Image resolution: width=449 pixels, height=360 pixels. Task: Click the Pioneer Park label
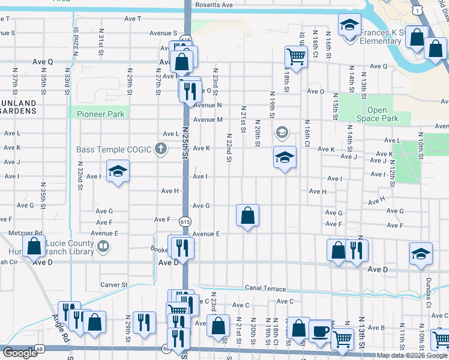(x=100, y=114)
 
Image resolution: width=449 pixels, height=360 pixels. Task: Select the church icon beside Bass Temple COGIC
(x=160, y=148)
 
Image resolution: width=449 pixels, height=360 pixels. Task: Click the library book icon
(x=103, y=246)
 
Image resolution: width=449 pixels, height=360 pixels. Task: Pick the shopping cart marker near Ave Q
(x=296, y=56)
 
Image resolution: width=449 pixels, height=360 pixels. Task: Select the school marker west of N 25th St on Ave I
(x=118, y=171)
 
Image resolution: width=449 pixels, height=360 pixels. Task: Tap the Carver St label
(x=114, y=285)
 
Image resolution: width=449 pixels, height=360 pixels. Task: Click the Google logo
(x=20, y=353)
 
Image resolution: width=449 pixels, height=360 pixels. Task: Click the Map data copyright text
(x=412, y=355)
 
